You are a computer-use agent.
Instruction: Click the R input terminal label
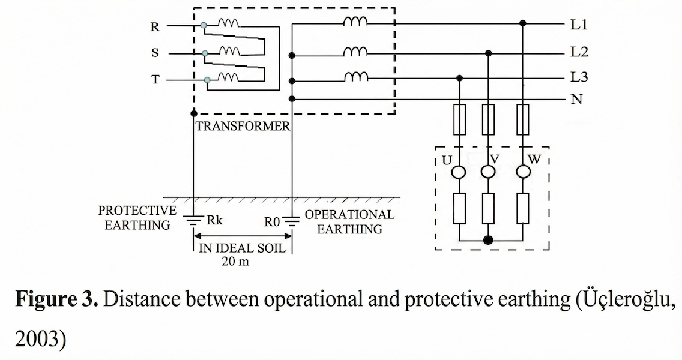tap(155, 26)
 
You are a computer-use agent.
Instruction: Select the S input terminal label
tap(155, 53)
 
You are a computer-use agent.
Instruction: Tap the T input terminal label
tap(155, 79)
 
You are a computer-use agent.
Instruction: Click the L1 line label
tap(579, 25)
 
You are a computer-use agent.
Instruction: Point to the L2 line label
tap(579, 52)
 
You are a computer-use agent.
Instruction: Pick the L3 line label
tap(579, 78)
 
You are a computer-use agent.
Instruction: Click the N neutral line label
tap(577, 100)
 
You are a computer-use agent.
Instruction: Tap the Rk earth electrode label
tap(214, 220)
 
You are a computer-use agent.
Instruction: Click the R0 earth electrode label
tap(272, 221)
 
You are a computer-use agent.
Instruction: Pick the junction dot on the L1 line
tap(523, 24)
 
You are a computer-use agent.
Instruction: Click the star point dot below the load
tap(489, 241)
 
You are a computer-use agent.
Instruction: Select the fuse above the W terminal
tap(523, 118)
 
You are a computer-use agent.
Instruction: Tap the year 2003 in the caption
tap(34, 338)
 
